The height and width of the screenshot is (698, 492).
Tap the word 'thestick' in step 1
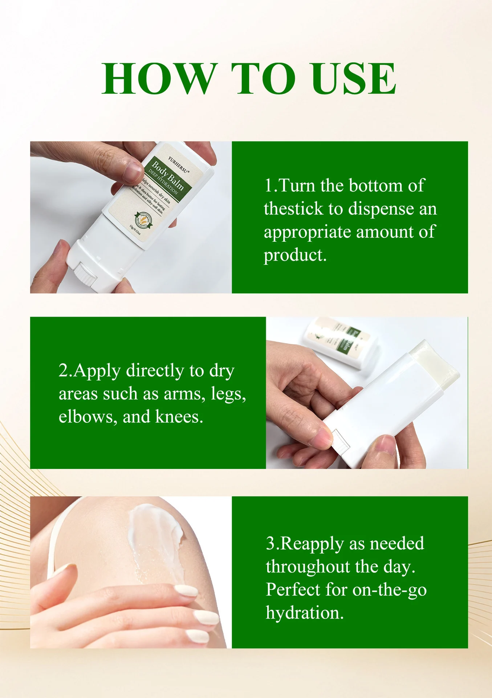tap(293, 209)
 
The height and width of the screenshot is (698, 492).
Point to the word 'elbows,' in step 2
tap(88, 417)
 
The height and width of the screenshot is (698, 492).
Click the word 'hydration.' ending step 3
tap(304, 613)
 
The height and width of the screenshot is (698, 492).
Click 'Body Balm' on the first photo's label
tap(168, 176)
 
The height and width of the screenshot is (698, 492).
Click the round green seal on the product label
tap(143, 220)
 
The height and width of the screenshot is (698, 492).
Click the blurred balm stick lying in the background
tap(339, 342)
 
